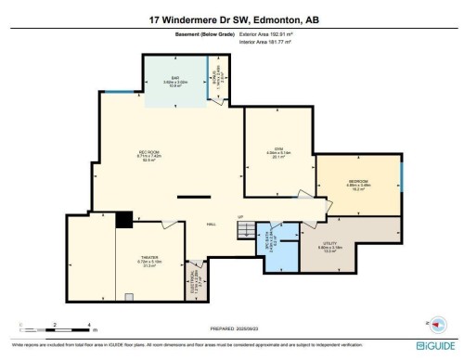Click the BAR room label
174,78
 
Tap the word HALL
211,224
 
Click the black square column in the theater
122,220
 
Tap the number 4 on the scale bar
88,324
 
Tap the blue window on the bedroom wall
402,176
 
